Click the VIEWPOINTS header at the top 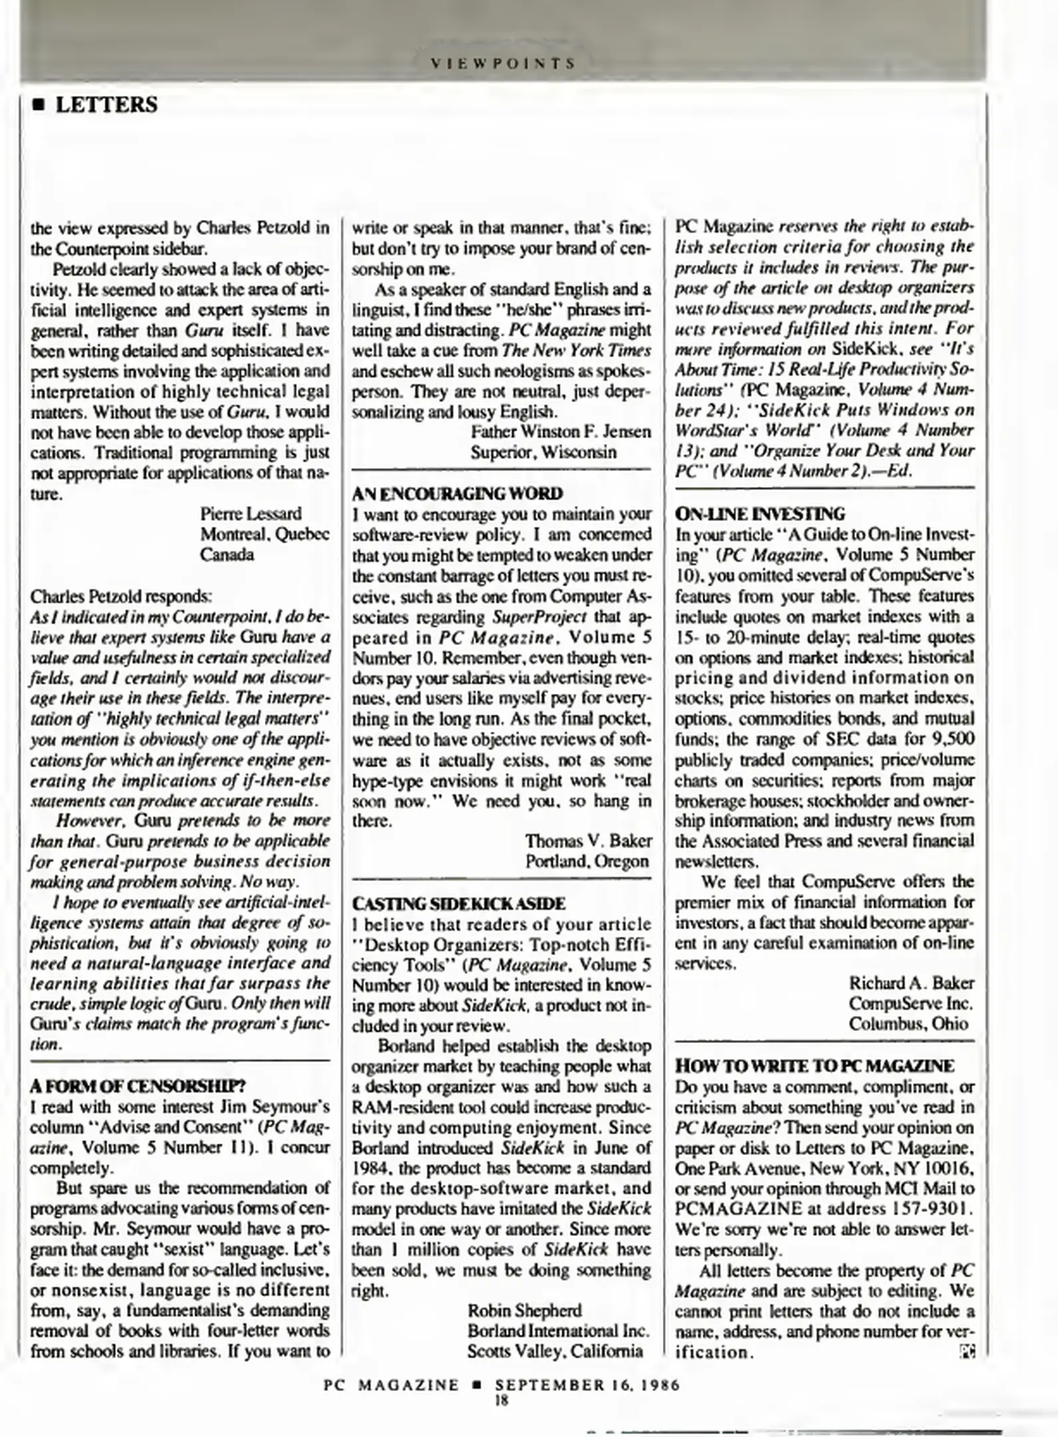pos(503,64)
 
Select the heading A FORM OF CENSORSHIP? pos(138,1086)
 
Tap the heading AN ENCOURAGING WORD pos(457,493)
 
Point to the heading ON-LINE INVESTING pos(760,514)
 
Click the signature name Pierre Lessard pos(250,514)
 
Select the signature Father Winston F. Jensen pos(560,432)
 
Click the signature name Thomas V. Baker pos(588,841)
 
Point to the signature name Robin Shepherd pos(524,1310)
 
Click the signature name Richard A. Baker pos(911,983)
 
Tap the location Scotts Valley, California pos(554,1351)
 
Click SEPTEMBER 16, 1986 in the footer pos(588,1385)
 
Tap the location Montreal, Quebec pos(264,534)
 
